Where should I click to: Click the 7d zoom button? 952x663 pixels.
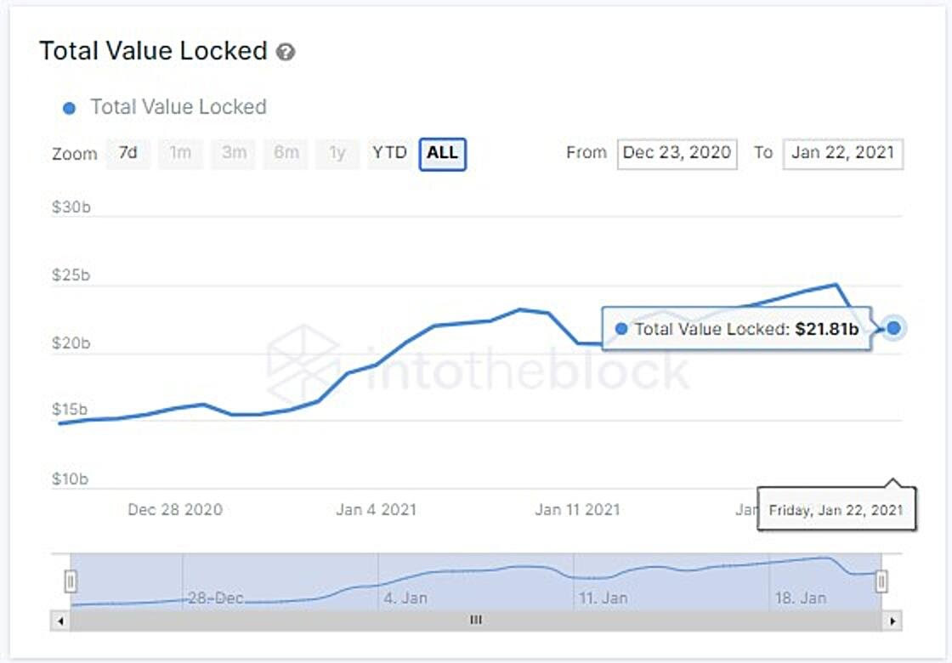pos(128,154)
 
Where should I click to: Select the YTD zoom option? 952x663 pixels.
pos(389,154)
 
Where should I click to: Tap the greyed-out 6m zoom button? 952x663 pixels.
pos(286,154)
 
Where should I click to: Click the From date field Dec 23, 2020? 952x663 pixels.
pos(677,154)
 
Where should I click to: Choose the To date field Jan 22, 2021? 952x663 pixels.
pos(842,154)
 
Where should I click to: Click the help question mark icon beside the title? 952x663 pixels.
pos(286,52)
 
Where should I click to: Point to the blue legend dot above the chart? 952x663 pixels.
pos(71,108)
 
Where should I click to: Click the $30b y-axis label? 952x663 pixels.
pos(71,207)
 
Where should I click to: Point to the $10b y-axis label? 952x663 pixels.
pos(71,479)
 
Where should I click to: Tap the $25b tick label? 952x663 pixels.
pos(71,275)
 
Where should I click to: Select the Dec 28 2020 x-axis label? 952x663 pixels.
pos(175,510)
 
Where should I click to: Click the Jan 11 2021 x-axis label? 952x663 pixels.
pos(577,510)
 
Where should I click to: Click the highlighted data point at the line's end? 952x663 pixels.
pos(893,327)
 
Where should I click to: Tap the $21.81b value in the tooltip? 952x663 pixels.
pos(826,329)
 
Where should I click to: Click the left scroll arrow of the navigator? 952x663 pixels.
pos(60,621)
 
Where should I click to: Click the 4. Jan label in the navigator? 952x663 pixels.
pos(405,598)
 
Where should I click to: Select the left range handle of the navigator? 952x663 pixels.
pos(71,581)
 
